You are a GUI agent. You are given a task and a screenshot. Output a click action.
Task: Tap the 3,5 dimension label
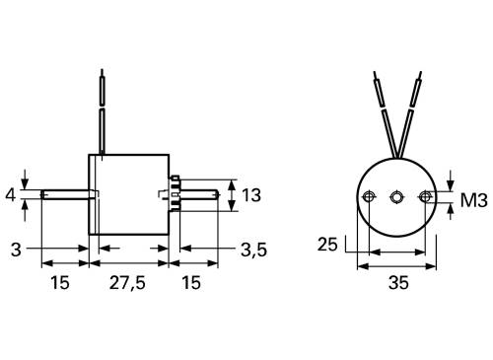(253, 250)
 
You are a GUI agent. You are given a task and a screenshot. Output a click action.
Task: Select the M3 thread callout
(475, 201)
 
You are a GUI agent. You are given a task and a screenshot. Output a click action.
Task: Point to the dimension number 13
(250, 195)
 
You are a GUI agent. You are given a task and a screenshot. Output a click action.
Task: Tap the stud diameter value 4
(10, 195)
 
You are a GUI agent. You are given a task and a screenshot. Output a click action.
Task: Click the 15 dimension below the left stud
(59, 283)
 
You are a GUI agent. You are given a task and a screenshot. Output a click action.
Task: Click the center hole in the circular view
(395, 197)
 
